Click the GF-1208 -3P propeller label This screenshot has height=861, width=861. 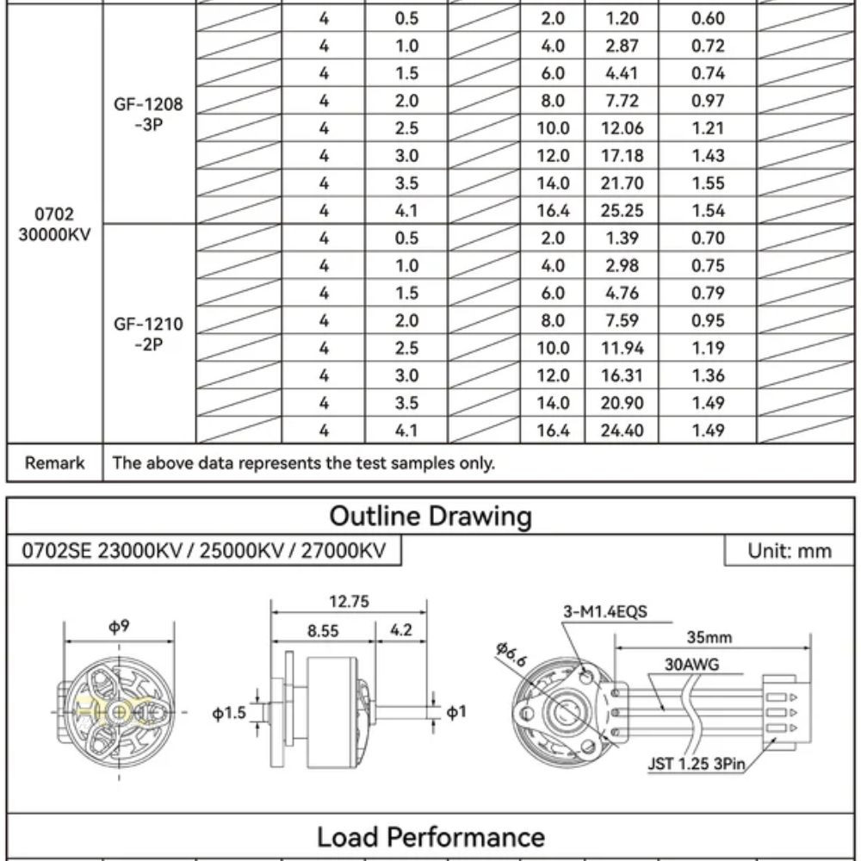(x=148, y=115)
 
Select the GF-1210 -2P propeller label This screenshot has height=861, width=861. (x=148, y=334)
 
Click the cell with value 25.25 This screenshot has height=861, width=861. (x=622, y=211)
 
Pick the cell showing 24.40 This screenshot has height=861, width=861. (x=622, y=430)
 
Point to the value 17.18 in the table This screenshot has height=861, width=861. (x=622, y=156)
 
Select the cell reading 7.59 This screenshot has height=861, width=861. (x=622, y=320)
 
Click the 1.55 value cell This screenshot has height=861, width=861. (x=708, y=183)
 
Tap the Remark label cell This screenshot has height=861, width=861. (x=55, y=463)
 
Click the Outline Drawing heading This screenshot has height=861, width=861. (x=430, y=517)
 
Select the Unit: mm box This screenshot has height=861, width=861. (x=789, y=551)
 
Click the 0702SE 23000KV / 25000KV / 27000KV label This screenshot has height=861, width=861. (x=203, y=551)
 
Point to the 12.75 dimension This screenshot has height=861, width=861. (x=349, y=602)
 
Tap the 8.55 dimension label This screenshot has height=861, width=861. (x=323, y=631)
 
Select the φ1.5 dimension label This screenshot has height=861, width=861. (x=229, y=713)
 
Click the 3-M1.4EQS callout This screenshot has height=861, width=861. (x=604, y=612)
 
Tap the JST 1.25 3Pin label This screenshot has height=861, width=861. (x=697, y=762)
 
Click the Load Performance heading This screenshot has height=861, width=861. (x=430, y=837)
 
